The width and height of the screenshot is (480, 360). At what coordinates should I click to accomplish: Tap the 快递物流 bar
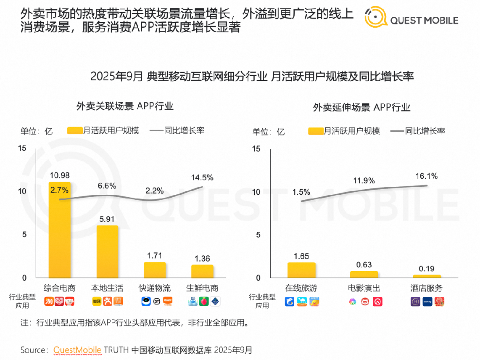click(x=155, y=270)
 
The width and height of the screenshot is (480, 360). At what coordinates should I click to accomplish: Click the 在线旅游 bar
click(x=301, y=270)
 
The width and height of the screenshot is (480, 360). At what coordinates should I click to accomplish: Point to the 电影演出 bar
click(x=364, y=274)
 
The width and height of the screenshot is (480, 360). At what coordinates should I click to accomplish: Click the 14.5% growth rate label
click(x=203, y=177)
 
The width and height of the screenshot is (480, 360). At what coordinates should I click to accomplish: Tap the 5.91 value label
click(x=107, y=219)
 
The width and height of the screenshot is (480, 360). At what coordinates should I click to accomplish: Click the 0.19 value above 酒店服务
click(x=427, y=269)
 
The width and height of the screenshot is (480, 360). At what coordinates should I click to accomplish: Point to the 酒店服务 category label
click(x=427, y=288)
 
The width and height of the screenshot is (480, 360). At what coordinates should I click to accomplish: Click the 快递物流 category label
click(x=155, y=288)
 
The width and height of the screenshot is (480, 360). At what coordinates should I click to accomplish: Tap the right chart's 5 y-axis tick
click(x=258, y=235)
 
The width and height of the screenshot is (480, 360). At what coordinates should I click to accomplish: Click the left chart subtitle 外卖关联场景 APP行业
click(x=125, y=106)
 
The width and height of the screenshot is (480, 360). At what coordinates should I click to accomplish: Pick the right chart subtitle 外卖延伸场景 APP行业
click(x=361, y=107)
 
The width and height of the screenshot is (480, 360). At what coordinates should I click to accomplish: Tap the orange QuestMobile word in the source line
click(x=77, y=350)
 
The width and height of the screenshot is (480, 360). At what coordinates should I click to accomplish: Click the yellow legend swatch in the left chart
click(x=74, y=130)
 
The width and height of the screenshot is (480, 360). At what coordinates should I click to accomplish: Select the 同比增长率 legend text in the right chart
click(x=425, y=131)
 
